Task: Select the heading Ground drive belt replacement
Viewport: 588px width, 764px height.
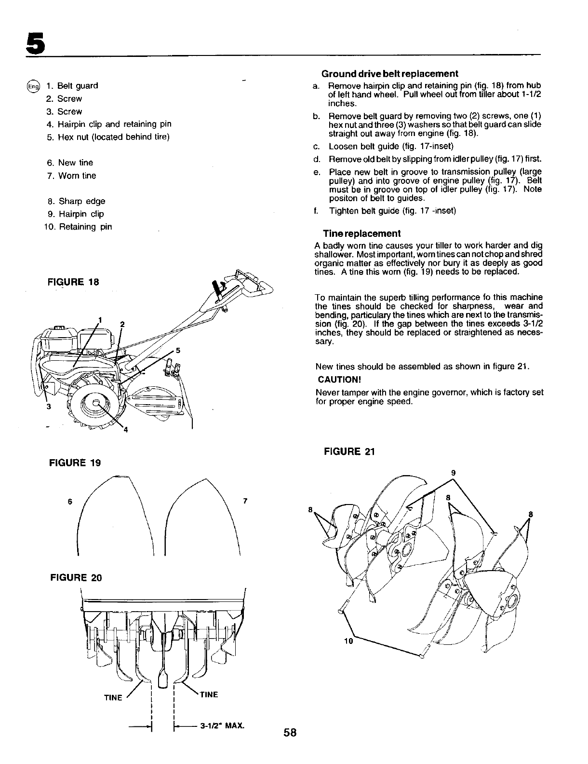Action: click(x=389, y=74)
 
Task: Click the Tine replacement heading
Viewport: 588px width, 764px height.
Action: click(x=361, y=233)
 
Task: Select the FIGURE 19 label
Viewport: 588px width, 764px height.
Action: click(x=75, y=463)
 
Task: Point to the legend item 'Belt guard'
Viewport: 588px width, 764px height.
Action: click(x=78, y=86)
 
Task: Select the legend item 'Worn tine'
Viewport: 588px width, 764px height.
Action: click(x=77, y=176)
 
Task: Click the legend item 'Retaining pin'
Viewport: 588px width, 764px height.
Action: click(x=85, y=227)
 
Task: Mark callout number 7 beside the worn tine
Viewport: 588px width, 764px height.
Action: click(x=245, y=501)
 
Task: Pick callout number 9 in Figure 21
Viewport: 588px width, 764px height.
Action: click(x=453, y=473)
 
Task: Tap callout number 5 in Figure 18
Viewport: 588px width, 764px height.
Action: click(x=178, y=350)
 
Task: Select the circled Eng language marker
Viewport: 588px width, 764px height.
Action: click(x=33, y=86)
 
